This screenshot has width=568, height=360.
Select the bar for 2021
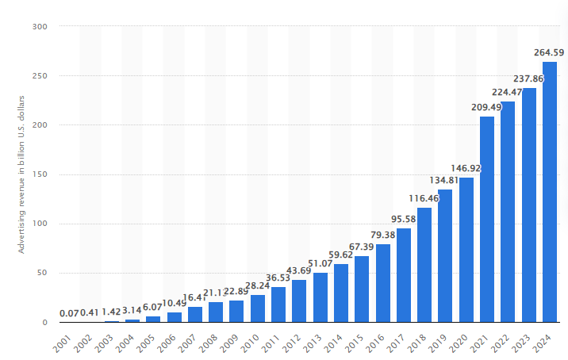[487, 220]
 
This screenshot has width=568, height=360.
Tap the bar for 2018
[424, 265]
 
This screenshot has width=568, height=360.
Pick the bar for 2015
[362, 289]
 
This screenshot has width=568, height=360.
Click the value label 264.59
[549, 53]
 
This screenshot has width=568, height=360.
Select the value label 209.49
[487, 108]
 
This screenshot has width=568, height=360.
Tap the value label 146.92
[466, 169]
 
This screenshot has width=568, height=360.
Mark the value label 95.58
[404, 220]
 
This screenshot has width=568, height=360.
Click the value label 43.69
[299, 271]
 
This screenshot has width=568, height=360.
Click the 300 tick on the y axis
[40, 27]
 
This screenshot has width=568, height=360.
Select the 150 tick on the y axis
[40, 174]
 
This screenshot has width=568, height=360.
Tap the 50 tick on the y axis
[43, 273]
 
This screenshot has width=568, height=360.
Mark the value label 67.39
[362, 247]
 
